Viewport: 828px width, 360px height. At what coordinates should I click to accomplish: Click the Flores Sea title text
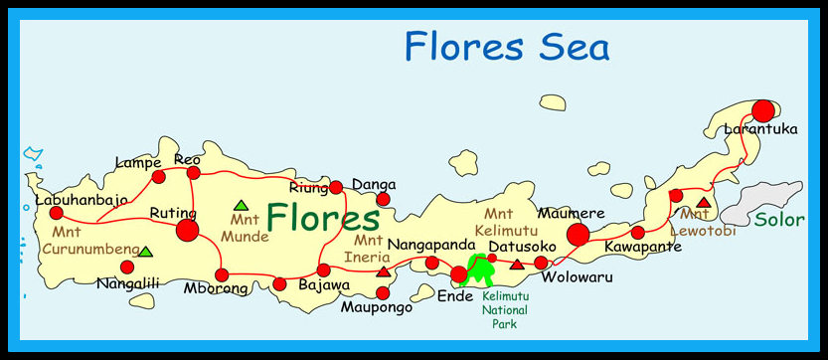point(506,46)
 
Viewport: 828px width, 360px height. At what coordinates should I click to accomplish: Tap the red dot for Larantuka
point(762,110)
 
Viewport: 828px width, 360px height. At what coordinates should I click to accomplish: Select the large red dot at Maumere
point(578,234)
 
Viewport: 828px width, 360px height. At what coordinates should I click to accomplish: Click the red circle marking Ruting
point(186,231)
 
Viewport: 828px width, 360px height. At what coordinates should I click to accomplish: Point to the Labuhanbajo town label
point(82,199)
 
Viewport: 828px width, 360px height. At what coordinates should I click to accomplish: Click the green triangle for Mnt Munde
point(241,205)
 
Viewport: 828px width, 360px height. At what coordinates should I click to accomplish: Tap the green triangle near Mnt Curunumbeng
point(145,252)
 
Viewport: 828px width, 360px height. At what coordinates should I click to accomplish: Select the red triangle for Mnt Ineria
point(384,270)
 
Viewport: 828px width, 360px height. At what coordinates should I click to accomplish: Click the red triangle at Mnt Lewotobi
point(704,203)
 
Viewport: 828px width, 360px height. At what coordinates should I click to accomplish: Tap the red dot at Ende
point(459,273)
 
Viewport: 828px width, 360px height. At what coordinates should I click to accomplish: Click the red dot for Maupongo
point(384,292)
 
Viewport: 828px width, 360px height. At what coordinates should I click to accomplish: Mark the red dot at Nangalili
point(126,267)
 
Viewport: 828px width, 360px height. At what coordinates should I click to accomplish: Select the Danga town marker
point(383,199)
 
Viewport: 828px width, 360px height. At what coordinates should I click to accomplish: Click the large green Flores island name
point(323,218)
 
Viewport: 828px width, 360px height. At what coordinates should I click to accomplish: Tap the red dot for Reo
point(193,173)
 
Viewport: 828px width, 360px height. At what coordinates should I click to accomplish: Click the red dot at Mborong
point(222,274)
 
